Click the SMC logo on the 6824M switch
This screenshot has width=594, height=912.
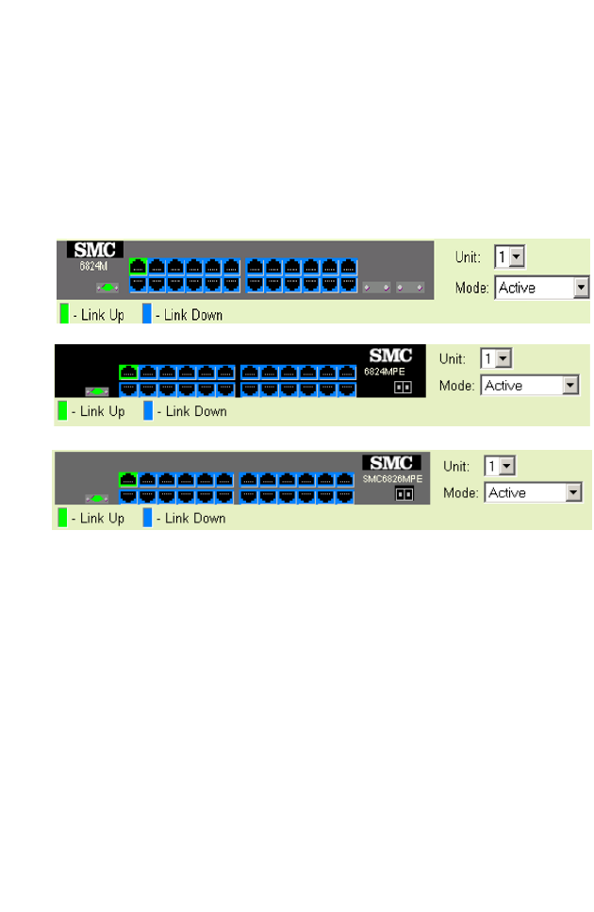94,250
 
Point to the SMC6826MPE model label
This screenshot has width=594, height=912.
392,478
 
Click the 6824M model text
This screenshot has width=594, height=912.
94,266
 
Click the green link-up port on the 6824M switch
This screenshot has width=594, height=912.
138,265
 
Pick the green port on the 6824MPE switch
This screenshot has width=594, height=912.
128,372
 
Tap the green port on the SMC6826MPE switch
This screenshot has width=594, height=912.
128,479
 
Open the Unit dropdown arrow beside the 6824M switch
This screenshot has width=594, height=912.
517,257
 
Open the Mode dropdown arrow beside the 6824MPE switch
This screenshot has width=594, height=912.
569,385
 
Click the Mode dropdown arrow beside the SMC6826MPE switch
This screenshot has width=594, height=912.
573,492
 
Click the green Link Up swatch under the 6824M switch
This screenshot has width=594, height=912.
64,314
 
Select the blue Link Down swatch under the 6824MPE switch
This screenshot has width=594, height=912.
146,411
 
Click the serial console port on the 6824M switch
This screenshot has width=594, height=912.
107,286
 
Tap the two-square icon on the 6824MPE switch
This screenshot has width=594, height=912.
403,387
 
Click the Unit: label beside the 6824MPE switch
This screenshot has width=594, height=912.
454,358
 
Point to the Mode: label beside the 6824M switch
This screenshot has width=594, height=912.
472,288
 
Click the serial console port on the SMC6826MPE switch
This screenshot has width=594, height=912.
94,497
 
